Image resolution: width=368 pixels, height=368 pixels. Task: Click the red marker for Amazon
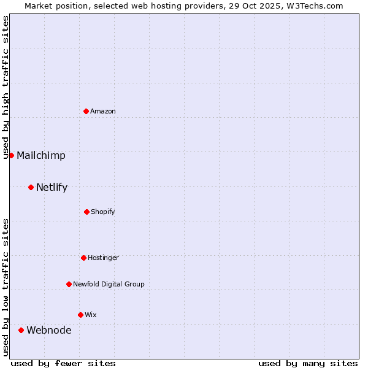86,111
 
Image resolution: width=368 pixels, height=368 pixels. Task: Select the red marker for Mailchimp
11,155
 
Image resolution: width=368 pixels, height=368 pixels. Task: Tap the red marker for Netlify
31,187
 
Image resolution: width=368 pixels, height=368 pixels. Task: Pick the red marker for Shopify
86,212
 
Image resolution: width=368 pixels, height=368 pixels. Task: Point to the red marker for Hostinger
83,258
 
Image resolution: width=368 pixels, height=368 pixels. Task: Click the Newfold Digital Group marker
69,284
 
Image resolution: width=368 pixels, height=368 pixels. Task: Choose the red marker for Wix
80,315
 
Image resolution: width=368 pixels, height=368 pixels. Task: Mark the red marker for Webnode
21,330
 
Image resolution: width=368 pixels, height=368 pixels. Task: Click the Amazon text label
103,111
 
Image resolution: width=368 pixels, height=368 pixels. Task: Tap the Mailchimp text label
41,155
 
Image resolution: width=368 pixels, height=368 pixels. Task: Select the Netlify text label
52,187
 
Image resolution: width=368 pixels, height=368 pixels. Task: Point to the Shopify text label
103,212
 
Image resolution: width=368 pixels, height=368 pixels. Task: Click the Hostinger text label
103,258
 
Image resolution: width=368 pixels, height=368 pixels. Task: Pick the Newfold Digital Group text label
109,284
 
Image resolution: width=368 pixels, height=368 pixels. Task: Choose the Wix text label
91,315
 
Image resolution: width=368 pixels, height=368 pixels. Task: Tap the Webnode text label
49,330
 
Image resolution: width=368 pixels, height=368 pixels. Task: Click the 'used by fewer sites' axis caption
63,363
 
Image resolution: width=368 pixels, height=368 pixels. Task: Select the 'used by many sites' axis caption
308,363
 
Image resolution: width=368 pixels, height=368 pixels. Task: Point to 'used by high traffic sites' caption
6,87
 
